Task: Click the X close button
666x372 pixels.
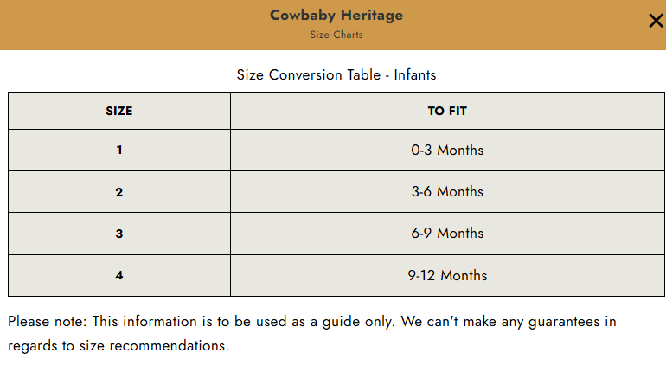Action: (x=656, y=21)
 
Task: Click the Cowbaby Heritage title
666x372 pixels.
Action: (x=336, y=16)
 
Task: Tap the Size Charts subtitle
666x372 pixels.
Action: (x=336, y=35)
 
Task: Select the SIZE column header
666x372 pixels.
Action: (x=119, y=111)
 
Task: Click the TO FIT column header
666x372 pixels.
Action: (x=447, y=111)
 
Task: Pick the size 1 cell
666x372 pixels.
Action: (x=119, y=150)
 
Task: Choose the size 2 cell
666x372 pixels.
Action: (x=119, y=191)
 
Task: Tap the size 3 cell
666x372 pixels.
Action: (x=119, y=234)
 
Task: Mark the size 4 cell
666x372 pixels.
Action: (x=119, y=275)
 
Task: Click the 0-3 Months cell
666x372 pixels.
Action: (x=447, y=150)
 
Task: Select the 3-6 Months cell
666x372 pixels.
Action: (x=447, y=191)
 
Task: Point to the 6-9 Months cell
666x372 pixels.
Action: (x=447, y=234)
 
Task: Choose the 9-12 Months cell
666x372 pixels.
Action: (x=447, y=275)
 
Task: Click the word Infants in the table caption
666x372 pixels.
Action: (x=415, y=74)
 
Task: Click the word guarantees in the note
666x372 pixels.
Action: (x=564, y=322)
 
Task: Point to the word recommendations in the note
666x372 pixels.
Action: (x=169, y=346)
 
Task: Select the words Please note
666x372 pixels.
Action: (x=48, y=322)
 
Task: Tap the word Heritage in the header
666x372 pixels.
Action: (x=372, y=16)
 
